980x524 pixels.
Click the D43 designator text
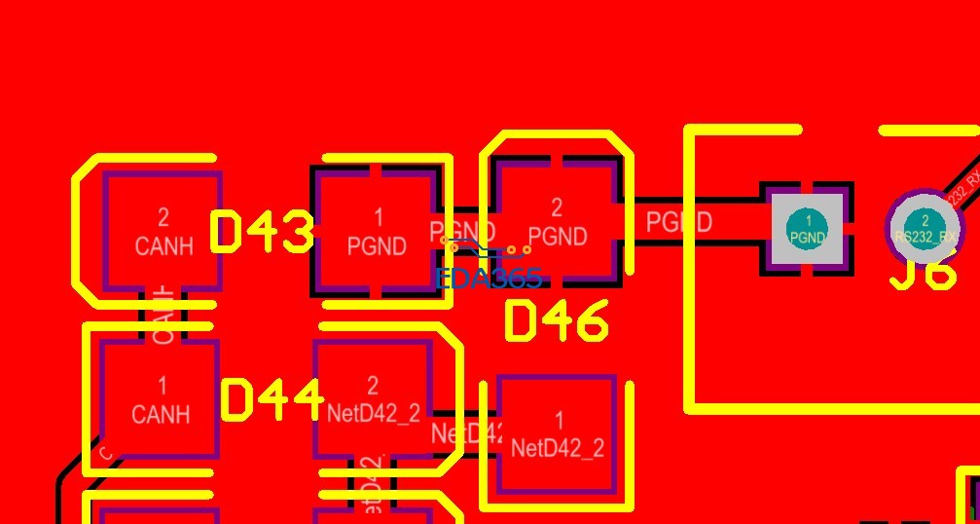click(263, 232)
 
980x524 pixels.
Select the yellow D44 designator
click(272, 399)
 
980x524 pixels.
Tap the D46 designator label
click(557, 320)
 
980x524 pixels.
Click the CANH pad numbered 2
click(163, 232)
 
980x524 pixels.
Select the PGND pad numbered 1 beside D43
click(377, 232)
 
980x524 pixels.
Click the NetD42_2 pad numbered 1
click(557, 434)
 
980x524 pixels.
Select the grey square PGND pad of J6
click(808, 229)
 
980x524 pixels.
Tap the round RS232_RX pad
click(925, 228)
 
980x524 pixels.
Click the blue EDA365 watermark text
click(490, 278)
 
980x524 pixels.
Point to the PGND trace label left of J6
click(678, 222)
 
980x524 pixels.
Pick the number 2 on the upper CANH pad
click(163, 216)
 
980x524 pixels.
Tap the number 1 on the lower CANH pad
click(162, 385)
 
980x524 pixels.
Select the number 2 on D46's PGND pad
click(557, 207)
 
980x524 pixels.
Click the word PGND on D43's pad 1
click(377, 246)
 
